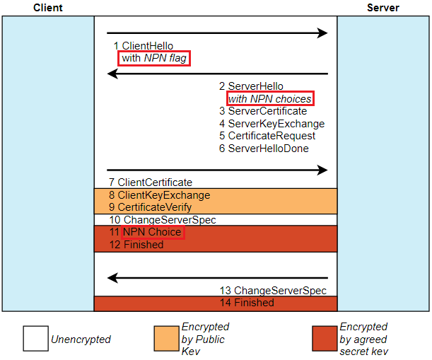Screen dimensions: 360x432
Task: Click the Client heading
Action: [x=48, y=8]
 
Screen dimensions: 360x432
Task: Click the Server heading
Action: [x=383, y=8]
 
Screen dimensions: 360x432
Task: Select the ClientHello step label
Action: [x=143, y=46]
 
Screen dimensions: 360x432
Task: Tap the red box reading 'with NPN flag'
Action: [x=154, y=58]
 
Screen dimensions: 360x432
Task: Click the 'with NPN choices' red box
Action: [x=269, y=99]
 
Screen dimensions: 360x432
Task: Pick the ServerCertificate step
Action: [x=262, y=111]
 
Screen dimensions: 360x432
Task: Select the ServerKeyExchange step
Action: [x=267, y=124]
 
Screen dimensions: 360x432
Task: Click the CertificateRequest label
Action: [x=267, y=136]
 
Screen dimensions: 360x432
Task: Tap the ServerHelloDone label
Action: [x=263, y=149]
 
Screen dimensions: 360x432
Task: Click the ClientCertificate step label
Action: [x=151, y=182]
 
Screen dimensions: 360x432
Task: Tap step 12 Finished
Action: [x=136, y=245]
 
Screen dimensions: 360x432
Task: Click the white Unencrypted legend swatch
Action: [x=35, y=339]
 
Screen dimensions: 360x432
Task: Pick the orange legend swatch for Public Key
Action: [x=166, y=339]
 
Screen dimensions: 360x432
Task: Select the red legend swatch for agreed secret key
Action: [x=325, y=339]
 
